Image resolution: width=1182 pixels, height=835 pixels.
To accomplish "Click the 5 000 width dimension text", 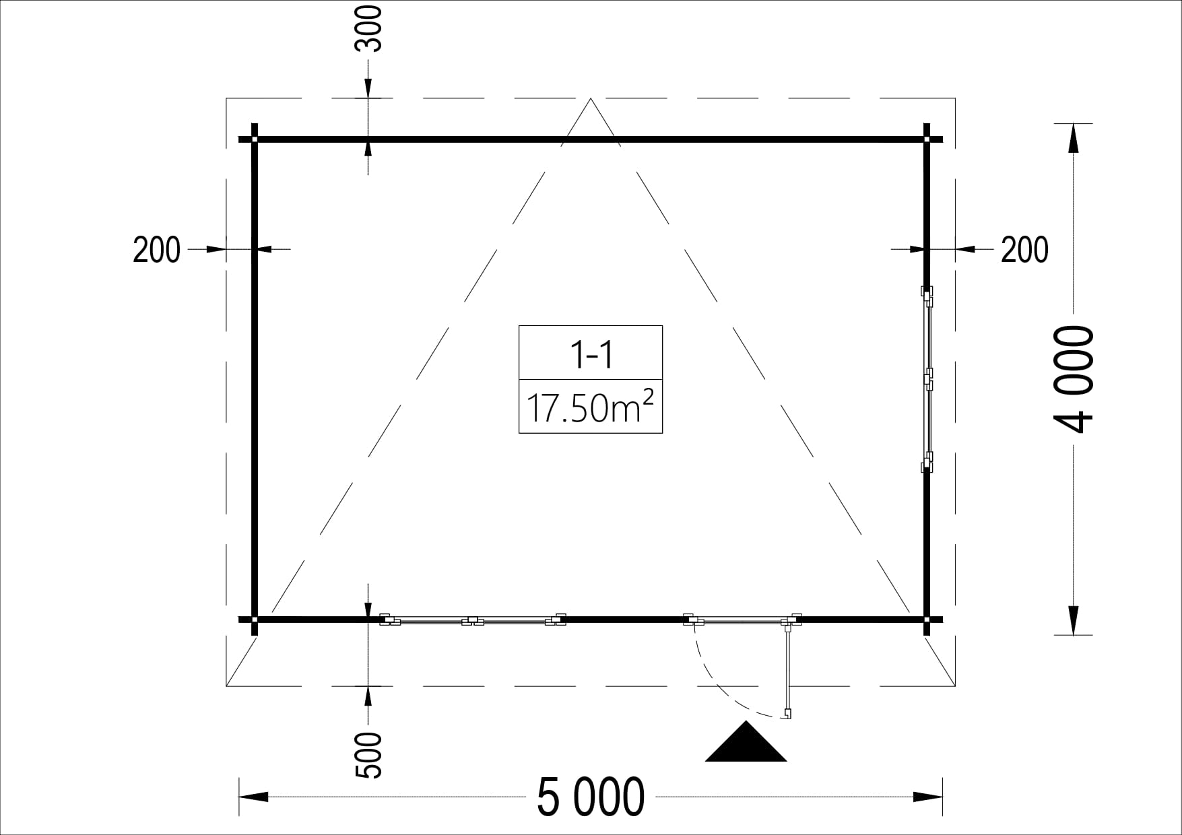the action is click(591, 797).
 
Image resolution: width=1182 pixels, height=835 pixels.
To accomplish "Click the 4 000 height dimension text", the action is click(1072, 380).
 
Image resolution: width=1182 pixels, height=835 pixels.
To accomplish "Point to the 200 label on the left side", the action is click(157, 250).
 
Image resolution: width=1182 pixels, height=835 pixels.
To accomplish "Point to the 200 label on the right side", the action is click(1024, 250).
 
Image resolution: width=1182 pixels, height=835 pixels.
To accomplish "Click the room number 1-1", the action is click(591, 354).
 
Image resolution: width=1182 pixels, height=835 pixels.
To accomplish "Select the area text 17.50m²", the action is click(590, 407).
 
